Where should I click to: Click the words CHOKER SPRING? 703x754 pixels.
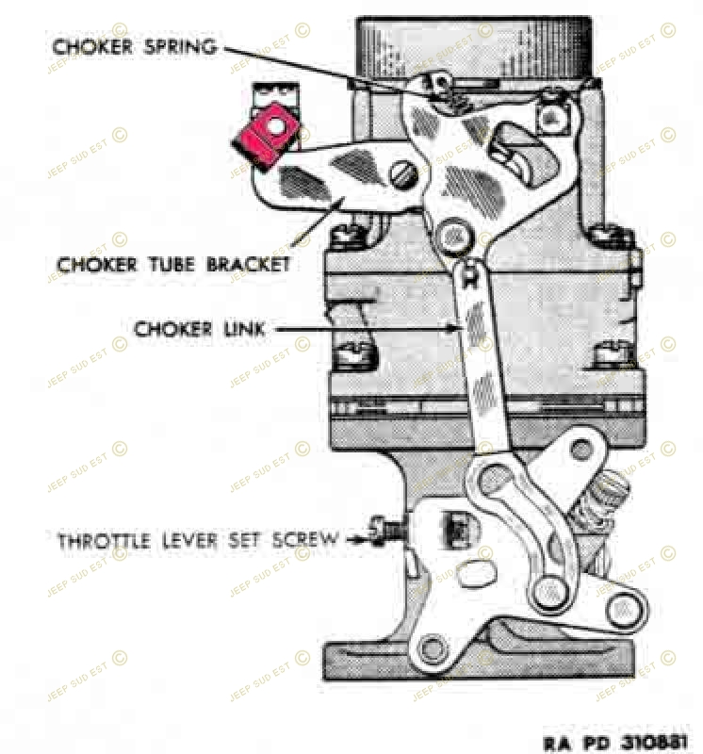pyautogui.click(x=134, y=46)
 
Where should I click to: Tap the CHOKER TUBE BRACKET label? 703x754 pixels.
pyautogui.click(x=173, y=265)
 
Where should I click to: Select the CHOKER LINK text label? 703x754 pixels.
pyautogui.click(x=199, y=329)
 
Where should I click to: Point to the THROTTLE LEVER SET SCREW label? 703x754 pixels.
pyautogui.click(x=198, y=540)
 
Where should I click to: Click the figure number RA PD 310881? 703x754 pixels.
pyautogui.click(x=616, y=742)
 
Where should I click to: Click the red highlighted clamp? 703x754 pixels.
pyautogui.click(x=266, y=137)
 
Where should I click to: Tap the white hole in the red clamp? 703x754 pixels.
pyautogui.click(x=275, y=127)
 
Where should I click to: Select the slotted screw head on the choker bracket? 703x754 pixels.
pyautogui.click(x=402, y=175)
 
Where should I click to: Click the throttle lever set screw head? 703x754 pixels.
pyautogui.click(x=378, y=531)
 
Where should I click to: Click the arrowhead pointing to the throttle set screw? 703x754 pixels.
pyautogui.click(x=360, y=540)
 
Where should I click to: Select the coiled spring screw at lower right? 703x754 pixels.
pyautogui.click(x=599, y=504)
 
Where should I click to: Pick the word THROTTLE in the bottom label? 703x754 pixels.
pyautogui.click(x=104, y=540)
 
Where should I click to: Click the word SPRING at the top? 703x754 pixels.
pyautogui.click(x=181, y=47)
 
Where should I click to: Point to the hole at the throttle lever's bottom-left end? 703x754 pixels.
pyautogui.click(x=431, y=649)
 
